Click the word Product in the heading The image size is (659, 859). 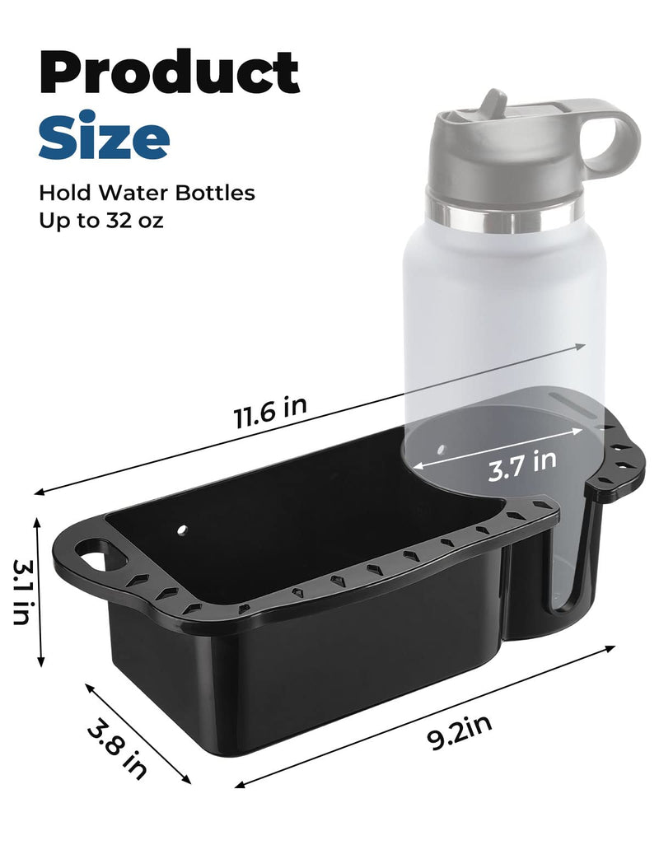click(x=169, y=72)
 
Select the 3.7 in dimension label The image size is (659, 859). click(x=522, y=465)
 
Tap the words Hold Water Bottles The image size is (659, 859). click(x=147, y=193)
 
